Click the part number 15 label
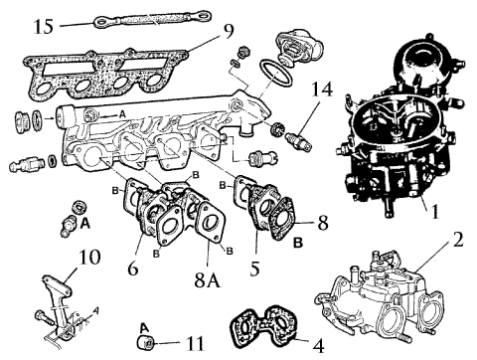point(44,27)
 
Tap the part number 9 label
point(229,31)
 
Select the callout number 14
point(322,90)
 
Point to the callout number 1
point(435,211)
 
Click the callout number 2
point(458,240)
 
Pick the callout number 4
point(318,346)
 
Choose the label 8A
point(208,280)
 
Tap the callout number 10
point(89,258)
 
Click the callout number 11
point(195,343)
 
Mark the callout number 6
point(132,269)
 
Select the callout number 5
point(254,269)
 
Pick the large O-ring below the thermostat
point(275,73)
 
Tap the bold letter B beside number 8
point(298,244)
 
